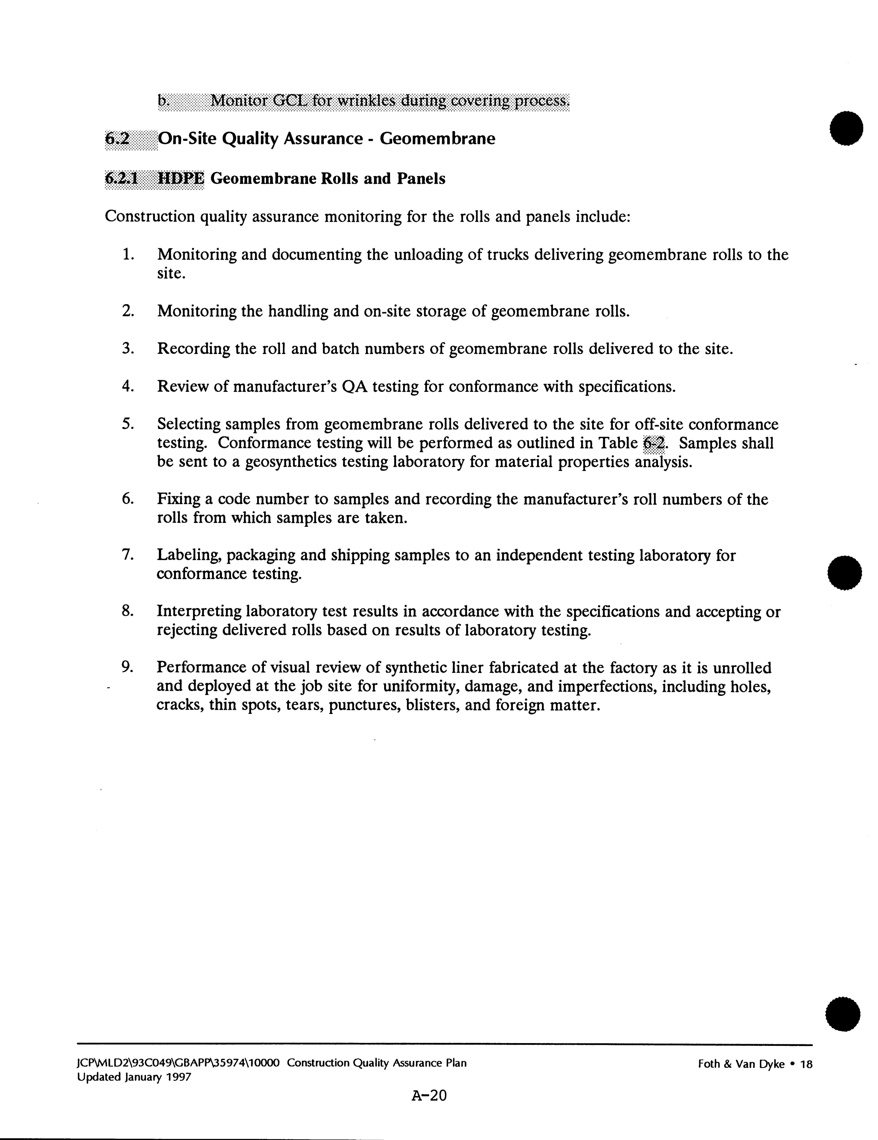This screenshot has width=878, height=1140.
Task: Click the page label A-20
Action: [429, 1095]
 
